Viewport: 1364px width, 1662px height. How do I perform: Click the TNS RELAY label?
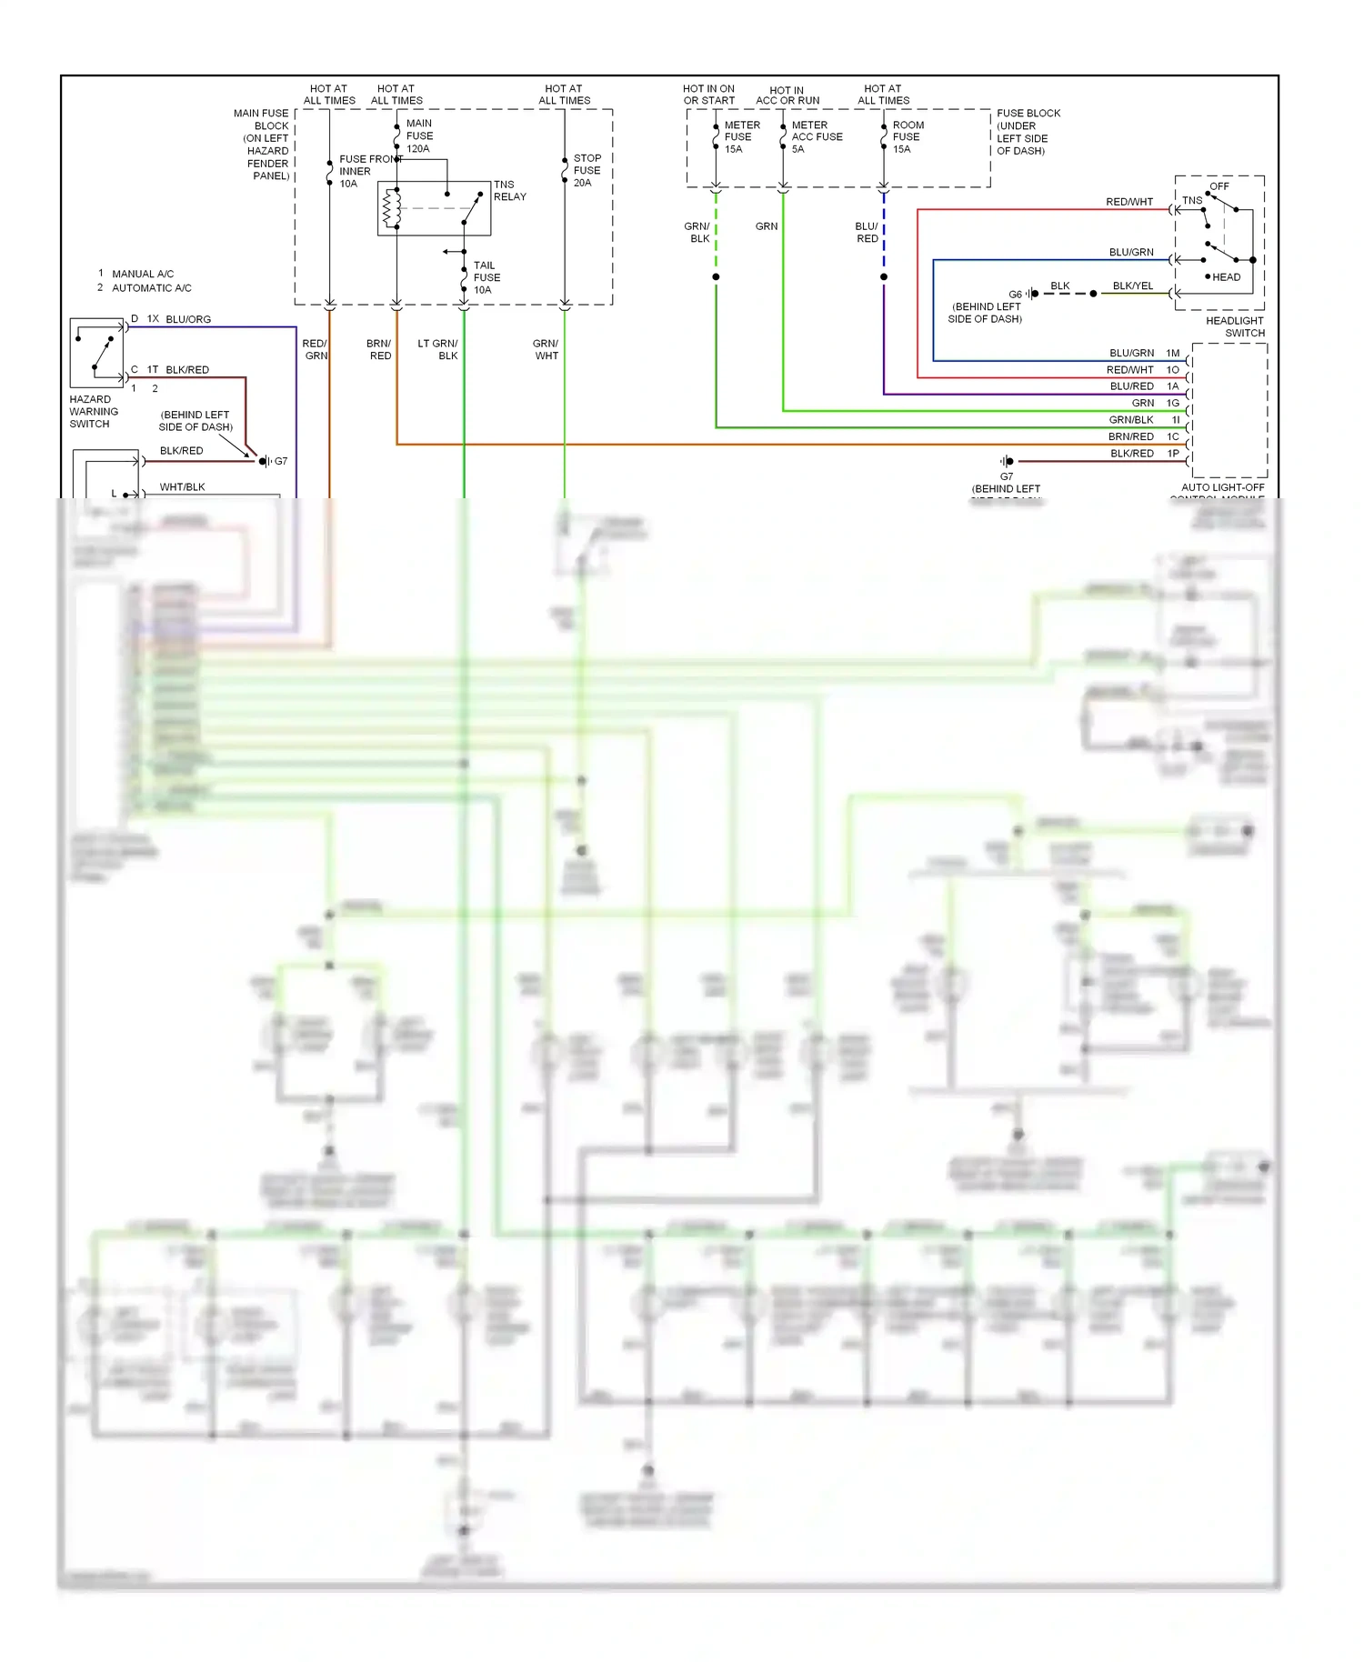coord(509,190)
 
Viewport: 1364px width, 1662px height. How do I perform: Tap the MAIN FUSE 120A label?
coord(418,135)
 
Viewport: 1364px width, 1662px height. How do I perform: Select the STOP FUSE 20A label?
coord(587,170)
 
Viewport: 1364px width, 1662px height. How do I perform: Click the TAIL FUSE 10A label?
coord(486,277)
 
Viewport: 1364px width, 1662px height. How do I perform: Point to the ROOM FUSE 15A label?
coord(907,136)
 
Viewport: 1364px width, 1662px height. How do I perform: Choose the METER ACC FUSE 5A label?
coord(816,136)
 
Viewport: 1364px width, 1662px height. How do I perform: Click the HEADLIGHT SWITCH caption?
coord(1234,326)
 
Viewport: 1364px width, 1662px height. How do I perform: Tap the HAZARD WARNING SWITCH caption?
coord(93,411)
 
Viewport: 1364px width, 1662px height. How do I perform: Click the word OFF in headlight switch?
coord(1219,186)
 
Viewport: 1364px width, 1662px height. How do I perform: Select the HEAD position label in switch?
coord(1225,277)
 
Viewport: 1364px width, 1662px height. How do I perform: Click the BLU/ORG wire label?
coord(188,319)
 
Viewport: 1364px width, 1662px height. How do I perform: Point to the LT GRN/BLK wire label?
coord(438,349)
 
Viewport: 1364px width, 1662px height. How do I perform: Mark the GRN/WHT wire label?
coord(546,349)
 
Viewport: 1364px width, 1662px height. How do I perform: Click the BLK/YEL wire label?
coord(1132,285)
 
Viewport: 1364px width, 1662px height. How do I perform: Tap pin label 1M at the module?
coord(1172,353)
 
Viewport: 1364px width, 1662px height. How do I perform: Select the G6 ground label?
coord(1015,294)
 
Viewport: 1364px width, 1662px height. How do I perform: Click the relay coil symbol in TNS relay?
coord(392,208)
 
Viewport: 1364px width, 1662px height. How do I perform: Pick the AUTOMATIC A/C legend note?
coord(151,288)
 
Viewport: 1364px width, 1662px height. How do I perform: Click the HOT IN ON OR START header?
coord(708,95)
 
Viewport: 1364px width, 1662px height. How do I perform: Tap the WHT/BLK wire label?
coord(182,486)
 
